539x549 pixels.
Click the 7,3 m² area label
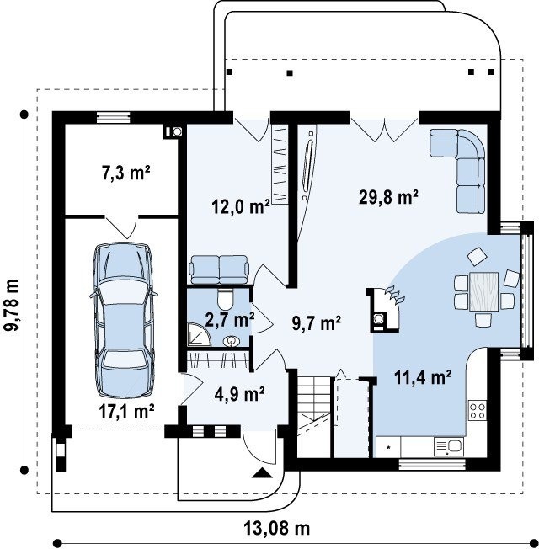coord(126,173)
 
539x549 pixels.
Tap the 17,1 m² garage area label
coord(126,411)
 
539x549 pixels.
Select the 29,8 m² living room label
coord(389,197)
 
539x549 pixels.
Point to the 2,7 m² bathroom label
coord(230,320)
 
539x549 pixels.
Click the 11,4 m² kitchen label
coord(423,377)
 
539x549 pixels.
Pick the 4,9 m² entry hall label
coord(239,394)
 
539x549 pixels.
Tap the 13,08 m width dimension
coord(277,528)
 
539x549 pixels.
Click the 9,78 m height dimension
coord(12,305)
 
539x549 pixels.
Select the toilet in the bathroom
coord(225,298)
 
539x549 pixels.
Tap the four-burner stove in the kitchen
coord(478,411)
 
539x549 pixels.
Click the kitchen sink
coord(449,447)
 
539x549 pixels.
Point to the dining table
coord(483,292)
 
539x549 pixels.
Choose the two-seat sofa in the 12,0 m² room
coord(219,269)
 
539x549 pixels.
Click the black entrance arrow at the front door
coord(262,473)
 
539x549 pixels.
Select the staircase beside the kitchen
coord(314,417)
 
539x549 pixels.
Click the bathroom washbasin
coord(232,341)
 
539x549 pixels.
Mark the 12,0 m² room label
coord(241,206)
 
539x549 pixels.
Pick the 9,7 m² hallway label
coord(317,322)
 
